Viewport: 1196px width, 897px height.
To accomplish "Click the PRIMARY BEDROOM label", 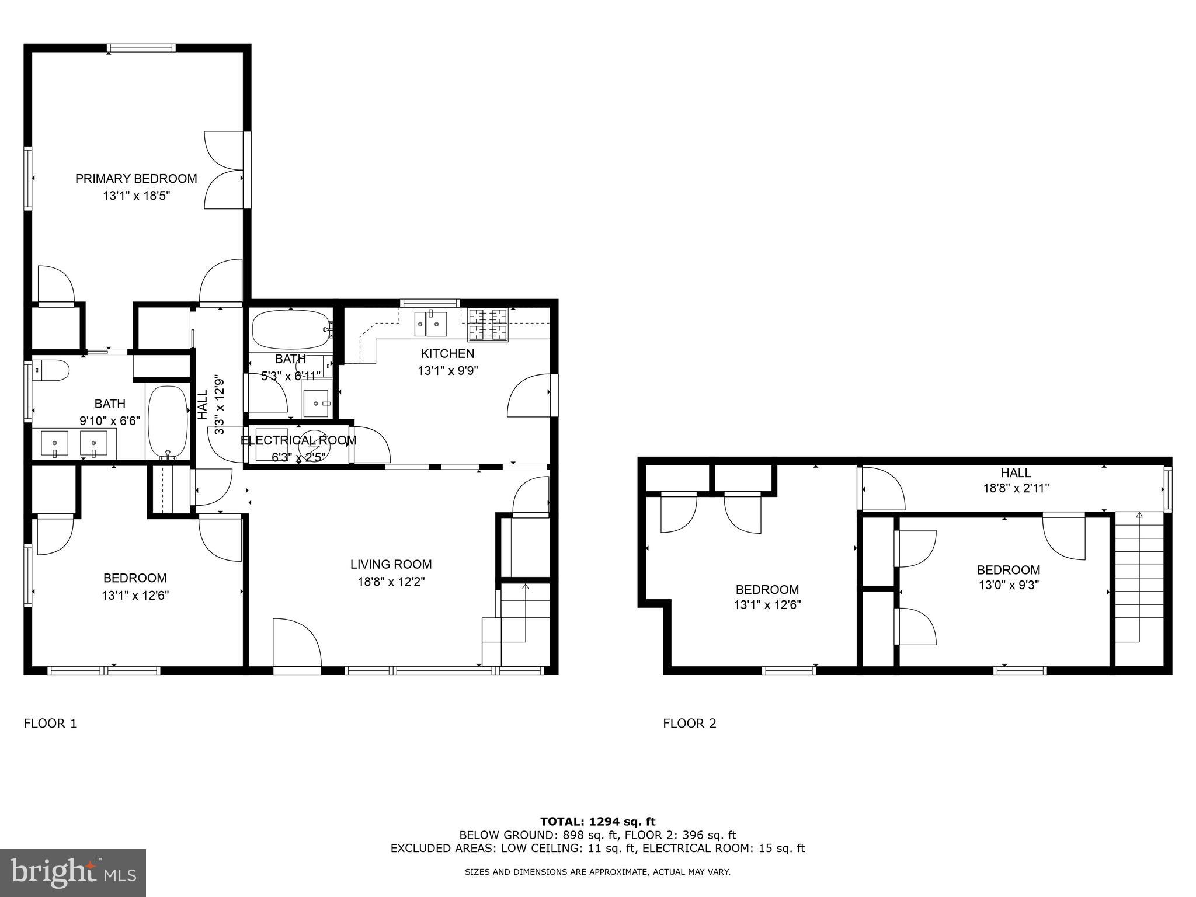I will point(136,179).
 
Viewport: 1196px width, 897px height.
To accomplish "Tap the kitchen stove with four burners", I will point(488,325).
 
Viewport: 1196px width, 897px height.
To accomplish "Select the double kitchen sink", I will point(430,324).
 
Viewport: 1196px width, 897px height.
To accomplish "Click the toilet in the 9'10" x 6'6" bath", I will point(51,370).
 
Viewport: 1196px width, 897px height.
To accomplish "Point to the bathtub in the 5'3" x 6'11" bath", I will point(290,330).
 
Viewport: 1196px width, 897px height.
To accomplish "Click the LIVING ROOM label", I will point(391,564).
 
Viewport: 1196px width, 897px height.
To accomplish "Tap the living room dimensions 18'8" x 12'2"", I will point(391,582).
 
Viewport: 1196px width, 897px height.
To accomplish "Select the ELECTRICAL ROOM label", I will point(298,440).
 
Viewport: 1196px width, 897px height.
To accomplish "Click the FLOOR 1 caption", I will point(50,724).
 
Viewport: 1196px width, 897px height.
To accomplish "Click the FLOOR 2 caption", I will point(689,724).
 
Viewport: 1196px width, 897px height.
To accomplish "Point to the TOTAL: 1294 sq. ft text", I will point(597,822).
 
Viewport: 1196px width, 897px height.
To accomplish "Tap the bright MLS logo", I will point(73,872).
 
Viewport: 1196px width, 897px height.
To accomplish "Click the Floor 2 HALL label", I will point(1016,473).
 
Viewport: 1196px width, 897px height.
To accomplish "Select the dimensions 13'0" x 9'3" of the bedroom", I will point(1009,585).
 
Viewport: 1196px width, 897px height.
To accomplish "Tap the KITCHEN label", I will point(447,353).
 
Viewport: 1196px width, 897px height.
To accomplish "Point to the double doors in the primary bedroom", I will point(224,170).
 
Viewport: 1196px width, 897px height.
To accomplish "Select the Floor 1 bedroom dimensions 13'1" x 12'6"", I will point(135,596).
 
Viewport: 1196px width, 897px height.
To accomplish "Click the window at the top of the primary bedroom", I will point(141,48).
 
